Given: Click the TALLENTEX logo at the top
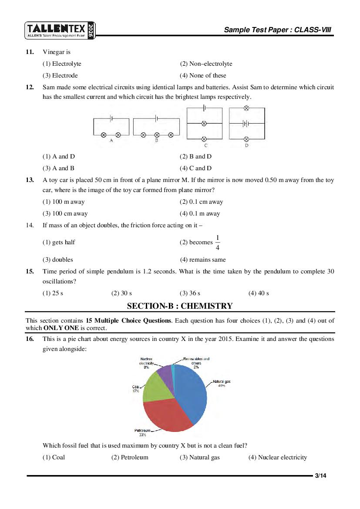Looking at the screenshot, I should coord(60,30).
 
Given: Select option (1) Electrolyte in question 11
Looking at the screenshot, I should coord(62,64).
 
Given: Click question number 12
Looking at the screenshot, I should coord(30,87).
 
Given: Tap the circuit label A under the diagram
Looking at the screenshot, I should coord(111,141).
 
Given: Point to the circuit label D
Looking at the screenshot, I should coord(246,145).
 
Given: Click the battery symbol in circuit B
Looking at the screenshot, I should coord(156,118).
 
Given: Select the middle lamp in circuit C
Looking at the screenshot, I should coord(204,124).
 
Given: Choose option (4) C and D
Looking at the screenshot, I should coord(195,168).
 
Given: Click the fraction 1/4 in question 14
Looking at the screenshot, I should coord(218,243).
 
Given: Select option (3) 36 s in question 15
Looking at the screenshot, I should coord(190,293).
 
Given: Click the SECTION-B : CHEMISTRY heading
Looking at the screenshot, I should coord(180,306).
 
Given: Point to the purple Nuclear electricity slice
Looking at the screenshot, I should coord(165,372).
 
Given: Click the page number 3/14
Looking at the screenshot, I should coord(320,475).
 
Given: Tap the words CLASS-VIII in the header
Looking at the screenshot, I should coord(313,30).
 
